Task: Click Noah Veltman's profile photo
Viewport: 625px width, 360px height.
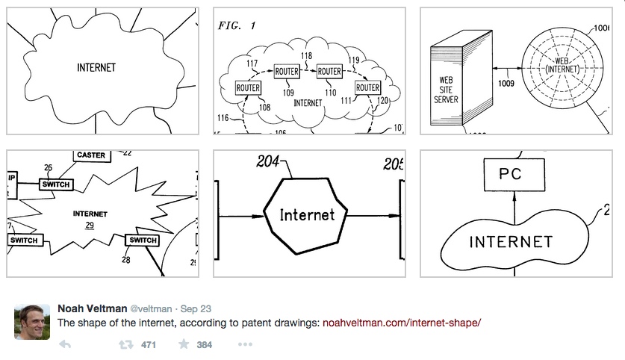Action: (x=32, y=322)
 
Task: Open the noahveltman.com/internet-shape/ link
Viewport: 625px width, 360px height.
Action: (x=402, y=323)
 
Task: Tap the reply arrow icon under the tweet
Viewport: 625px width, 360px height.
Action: (x=65, y=345)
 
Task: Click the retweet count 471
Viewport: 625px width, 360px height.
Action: (x=148, y=345)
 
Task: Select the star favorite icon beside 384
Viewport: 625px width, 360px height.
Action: (x=183, y=345)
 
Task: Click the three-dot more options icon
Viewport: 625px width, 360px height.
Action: (x=245, y=345)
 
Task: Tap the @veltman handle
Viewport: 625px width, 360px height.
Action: (x=153, y=308)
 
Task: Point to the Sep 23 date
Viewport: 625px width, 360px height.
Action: (x=196, y=308)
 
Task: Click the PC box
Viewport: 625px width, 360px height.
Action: (x=511, y=176)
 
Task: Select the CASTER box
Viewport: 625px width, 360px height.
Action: (x=92, y=155)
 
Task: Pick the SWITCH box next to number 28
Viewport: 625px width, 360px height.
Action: (x=142, y=240)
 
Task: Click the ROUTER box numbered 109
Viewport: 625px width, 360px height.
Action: (x=287, y=71)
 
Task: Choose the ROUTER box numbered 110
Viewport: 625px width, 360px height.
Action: (x=329, y=71)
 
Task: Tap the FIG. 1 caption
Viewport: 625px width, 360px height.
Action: (x=237, y=25)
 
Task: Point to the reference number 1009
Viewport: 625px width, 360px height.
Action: (x=506, y=84)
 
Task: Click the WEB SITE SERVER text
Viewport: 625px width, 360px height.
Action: (x=447, y=89)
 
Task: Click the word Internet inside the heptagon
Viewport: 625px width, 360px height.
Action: (x=307, y=215)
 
